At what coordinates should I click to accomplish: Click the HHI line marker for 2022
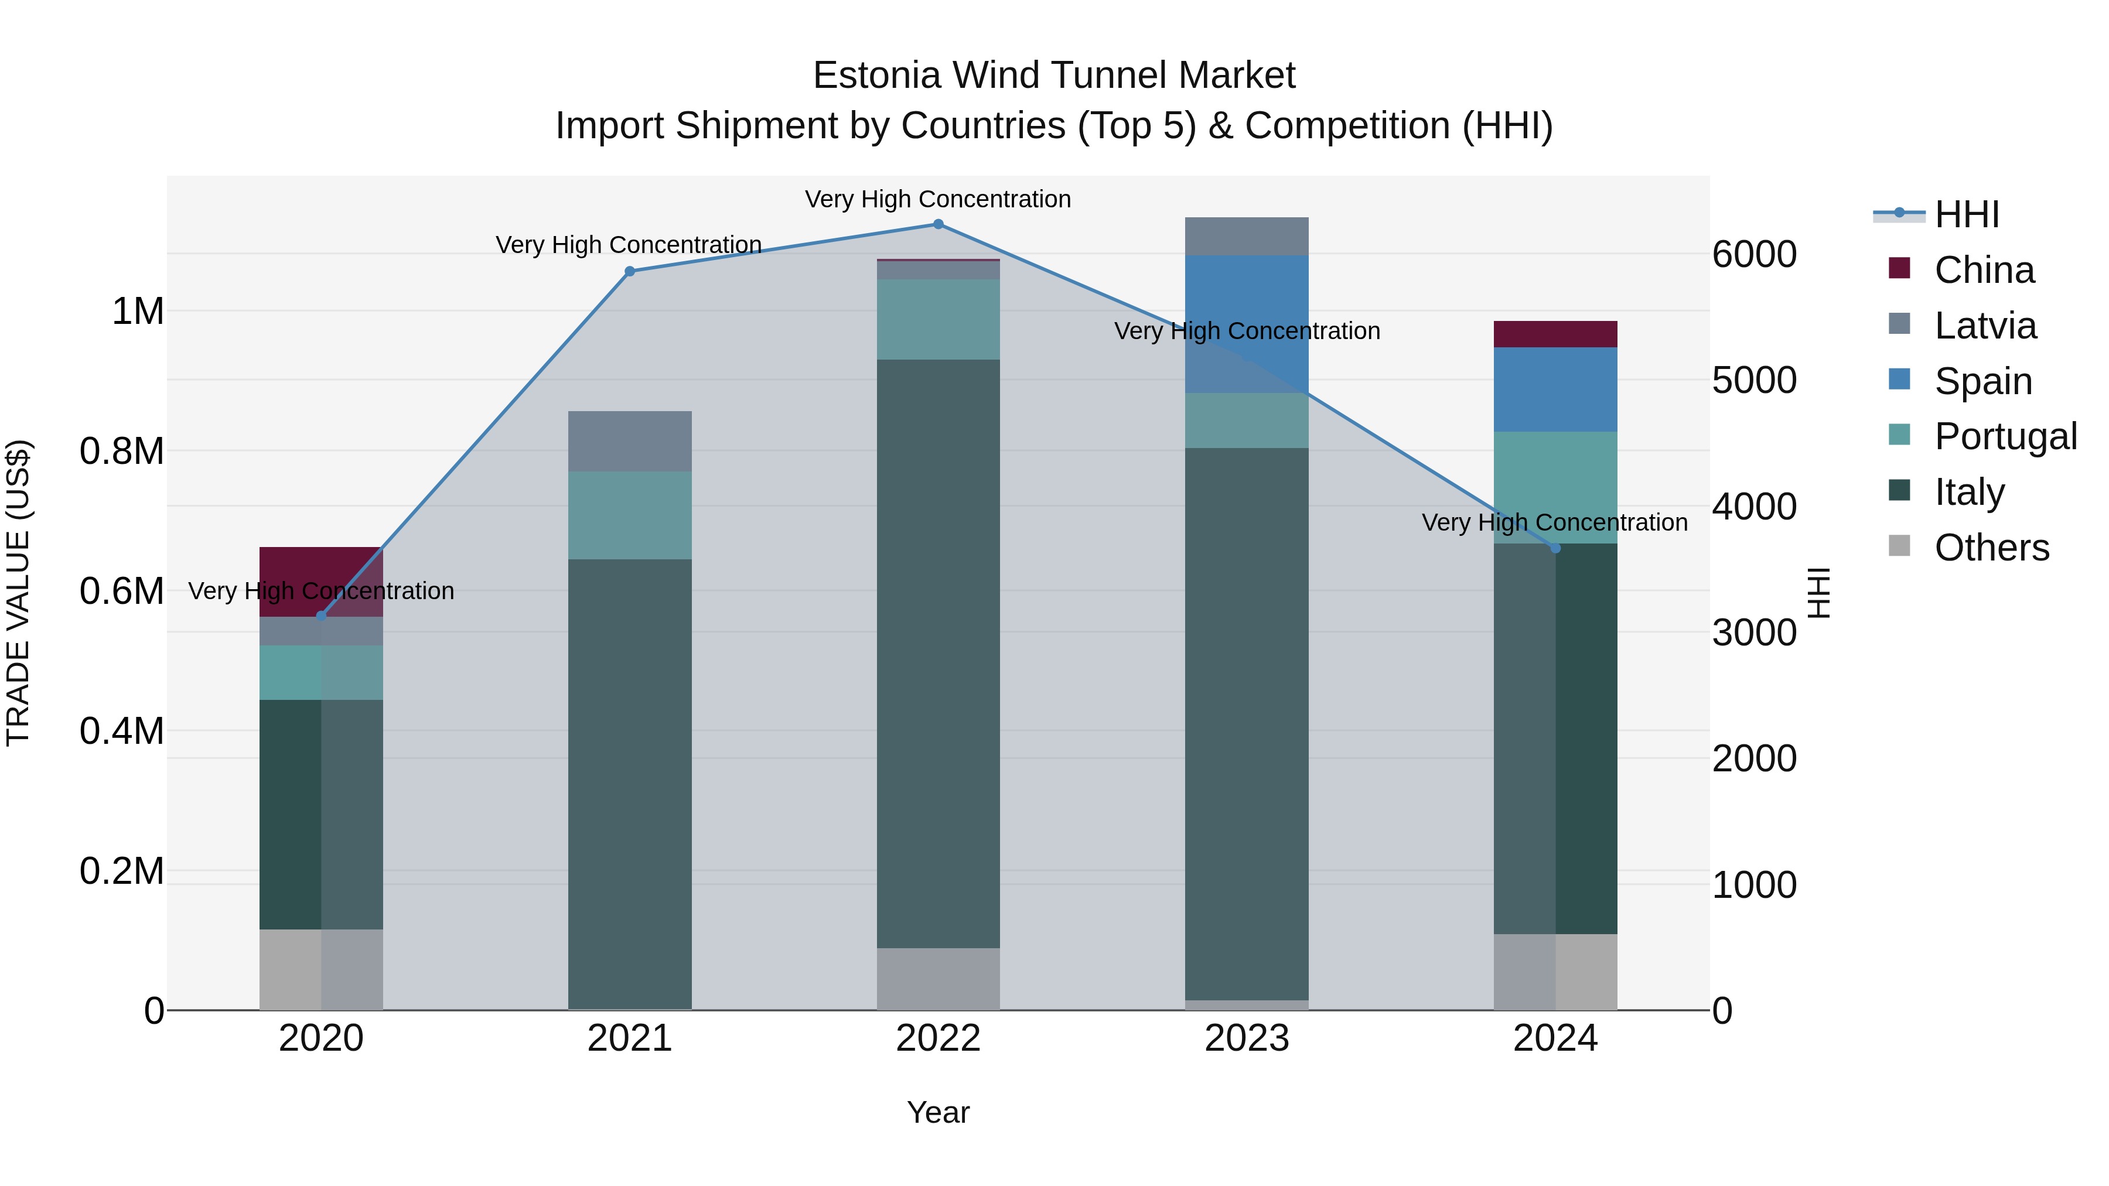(939, 224)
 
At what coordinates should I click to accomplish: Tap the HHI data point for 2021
(630, 272)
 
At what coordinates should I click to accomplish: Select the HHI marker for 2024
(1555, 548)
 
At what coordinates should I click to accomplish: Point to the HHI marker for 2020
(321, 616)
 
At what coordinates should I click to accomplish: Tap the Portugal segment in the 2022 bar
(939, 319)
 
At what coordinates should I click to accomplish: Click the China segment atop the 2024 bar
(1555, 334)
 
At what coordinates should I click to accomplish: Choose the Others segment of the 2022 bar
(939, 979)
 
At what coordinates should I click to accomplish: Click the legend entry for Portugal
(2005, 436)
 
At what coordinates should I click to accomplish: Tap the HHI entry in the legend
(1967, 214)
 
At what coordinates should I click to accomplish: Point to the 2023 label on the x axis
(1247, 1038)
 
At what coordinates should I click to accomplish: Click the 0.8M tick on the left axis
(122, 452)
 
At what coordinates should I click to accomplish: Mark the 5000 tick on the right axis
(1755, 381)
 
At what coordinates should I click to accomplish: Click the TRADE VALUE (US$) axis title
(19, 593)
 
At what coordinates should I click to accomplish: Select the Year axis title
(939, 1112)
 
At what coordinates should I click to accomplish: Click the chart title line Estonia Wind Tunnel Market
(1054, 76)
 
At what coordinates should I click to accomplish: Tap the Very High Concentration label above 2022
(939, 199)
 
